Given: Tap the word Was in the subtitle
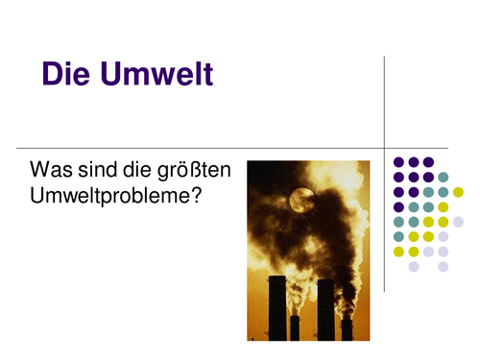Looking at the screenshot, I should pyautogui.click(x=49, y=170).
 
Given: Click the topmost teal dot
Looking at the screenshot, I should pyautogui.click(x=444, y=177).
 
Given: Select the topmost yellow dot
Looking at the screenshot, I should pyautogui.click(x=458, y=192).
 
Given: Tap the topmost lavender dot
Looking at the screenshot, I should pyautogui.click(x=458, y=222).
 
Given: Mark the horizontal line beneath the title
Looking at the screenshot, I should pyautogui.click(x=192, y=148).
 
